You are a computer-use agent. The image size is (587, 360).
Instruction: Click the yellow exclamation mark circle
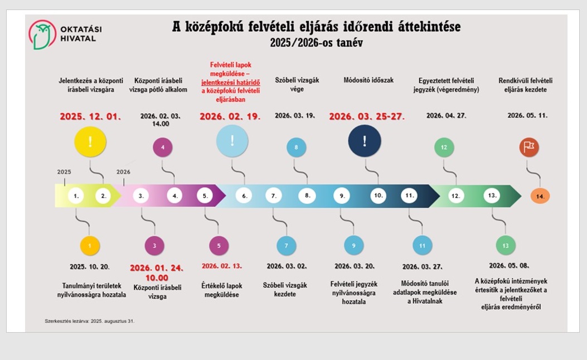pyautogui.click(x=90, y=141)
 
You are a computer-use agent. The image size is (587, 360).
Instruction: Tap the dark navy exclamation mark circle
pyautogui.click(x=365, y=141)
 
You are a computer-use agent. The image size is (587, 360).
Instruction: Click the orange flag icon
pyautogui.click(x=528, y=147)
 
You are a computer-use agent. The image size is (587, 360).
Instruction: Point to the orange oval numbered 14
pyautogui.click(x=540, y=196)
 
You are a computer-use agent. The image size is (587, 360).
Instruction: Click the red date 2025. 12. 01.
pyautogui.click(x=90, y=116)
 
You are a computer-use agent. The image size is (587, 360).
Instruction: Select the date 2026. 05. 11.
pyautogui.click(x=527, y=116)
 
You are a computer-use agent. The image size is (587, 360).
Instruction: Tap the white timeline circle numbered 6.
pyautogui.click(x=244, y=196)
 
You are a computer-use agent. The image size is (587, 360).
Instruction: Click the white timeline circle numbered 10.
pyautogui.click(x=379, y=196)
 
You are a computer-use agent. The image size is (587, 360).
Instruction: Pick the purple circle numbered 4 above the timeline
pyautogui.click(x=162, y=148)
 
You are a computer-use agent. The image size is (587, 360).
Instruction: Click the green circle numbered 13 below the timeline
pyautogui.click(x=505, y=245)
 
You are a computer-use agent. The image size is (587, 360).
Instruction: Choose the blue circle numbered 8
pyautogui.click(x=296, y=148)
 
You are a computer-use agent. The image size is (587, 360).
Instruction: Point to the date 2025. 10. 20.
pyautogui.click(x=90, y=266)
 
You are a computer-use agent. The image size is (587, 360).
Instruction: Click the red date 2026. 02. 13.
pyautogui.click(x=222, y=266)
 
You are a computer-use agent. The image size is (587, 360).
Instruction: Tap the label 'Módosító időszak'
pyautogui.click(x=368, y=80)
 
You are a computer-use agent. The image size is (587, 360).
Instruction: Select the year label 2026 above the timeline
pyautogui.click(x=123, y=172)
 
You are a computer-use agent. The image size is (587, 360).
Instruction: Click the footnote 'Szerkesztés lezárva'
pyautogui.click(x=90, y=321)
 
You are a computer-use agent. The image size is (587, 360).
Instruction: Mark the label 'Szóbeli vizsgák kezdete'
pyautogui.click(x=285, y=289)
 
